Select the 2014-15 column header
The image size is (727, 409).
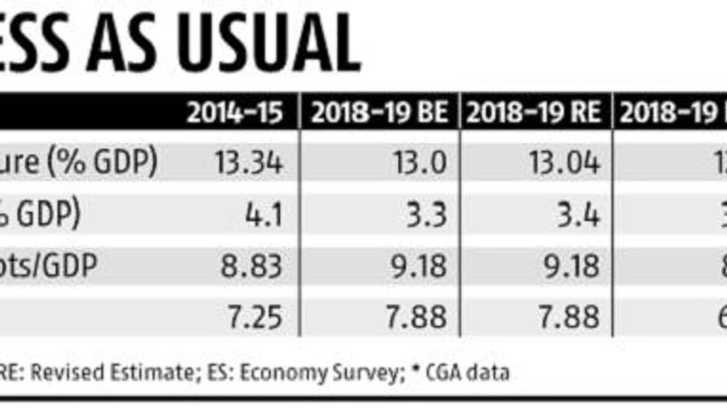click(233, 113)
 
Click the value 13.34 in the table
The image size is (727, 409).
click(247, 162)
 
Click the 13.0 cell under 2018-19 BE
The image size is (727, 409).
click(421, 162)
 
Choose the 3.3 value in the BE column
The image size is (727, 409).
click(428, 213)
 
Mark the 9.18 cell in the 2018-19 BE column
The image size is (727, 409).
click(415, 264)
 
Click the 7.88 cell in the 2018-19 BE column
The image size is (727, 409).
click(415, 315)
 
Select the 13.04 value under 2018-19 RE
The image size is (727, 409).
click(564, 162)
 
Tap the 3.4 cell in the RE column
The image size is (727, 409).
click(578, 213)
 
